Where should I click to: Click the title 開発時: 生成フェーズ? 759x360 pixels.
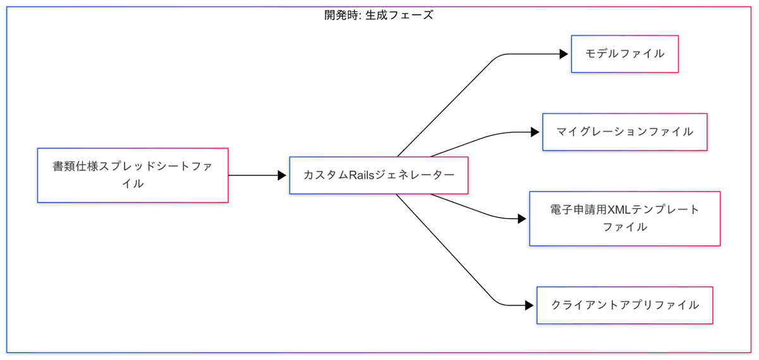point(379,15)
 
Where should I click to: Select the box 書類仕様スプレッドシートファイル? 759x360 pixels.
point(132,175)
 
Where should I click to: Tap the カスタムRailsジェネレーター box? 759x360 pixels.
point(378,175)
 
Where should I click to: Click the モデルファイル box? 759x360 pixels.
point(624,54)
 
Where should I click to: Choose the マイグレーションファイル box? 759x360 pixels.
point(624,132)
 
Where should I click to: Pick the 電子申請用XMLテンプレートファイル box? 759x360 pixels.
point(624,218)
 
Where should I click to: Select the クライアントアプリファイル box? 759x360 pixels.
point(624,305)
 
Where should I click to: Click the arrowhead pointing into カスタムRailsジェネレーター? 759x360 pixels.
point(282,175)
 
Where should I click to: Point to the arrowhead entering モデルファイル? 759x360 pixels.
point(564,54)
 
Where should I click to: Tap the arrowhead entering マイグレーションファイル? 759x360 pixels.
point(535,132)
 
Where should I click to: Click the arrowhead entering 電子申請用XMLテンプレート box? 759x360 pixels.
point(522,218)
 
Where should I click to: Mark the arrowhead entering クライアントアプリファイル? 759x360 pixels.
point(529,305)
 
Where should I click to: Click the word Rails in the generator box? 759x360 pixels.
point(358,175)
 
